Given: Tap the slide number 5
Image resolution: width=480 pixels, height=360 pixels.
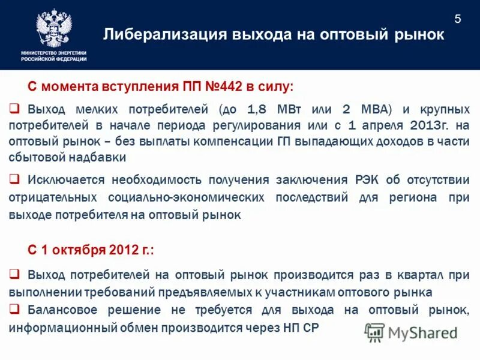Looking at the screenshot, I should pos(458,19).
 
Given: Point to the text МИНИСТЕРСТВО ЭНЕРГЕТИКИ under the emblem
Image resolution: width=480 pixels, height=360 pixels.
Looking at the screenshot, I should pos(54,53).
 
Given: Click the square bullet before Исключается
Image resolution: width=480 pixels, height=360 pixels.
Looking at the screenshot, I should pos(15,179).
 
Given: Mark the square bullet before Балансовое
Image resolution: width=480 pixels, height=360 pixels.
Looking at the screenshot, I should pos(15,309).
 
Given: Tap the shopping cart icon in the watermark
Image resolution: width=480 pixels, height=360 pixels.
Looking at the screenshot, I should pos(374,332).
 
